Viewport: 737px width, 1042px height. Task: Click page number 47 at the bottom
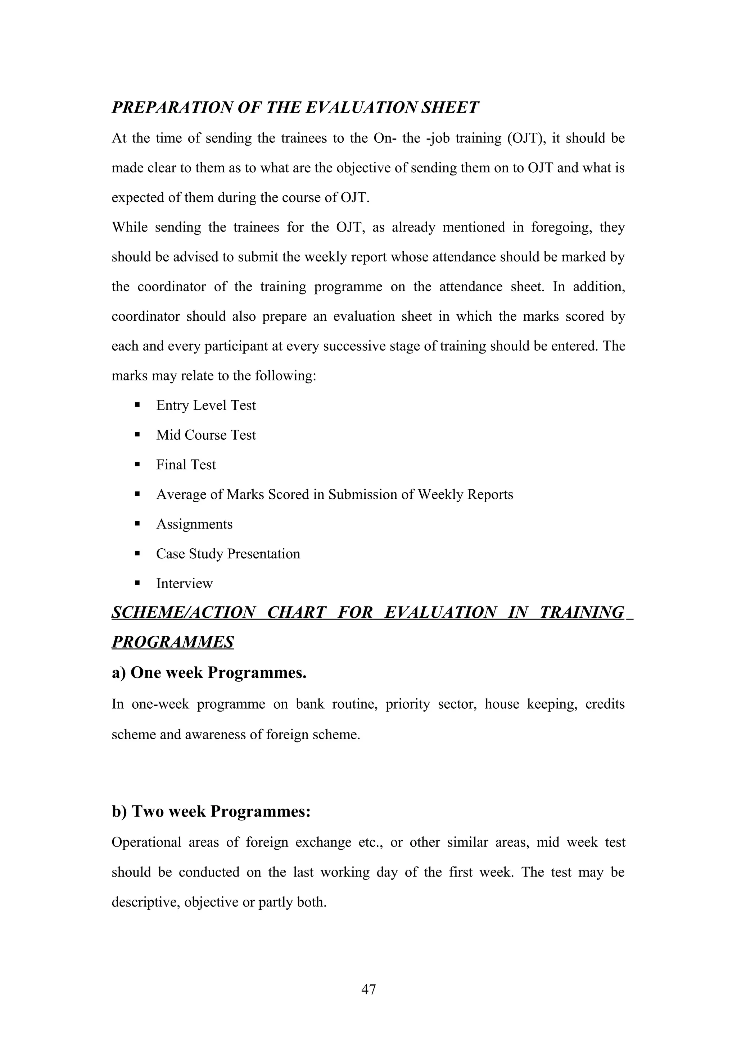(x=368, y=989)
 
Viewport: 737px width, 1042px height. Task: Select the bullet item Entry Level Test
(x=206, y=405)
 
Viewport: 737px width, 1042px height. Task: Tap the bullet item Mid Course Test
(x=206, y=435)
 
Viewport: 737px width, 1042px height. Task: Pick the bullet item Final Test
(x=186, y=465)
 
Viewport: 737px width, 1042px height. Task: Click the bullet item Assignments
(x=194, y=524)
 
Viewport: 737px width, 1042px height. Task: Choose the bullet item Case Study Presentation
(x=228, y=554)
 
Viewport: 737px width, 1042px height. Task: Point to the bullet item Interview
(x=184, y=584)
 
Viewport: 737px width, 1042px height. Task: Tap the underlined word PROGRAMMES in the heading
(x=173, y=642)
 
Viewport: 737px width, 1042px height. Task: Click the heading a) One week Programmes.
(x=209, y=673)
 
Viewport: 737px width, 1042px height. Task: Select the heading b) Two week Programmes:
(x=211, y=811)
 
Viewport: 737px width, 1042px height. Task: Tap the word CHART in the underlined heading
(x=297, y=613)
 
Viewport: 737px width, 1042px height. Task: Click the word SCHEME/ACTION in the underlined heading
(x=184, y=613)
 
